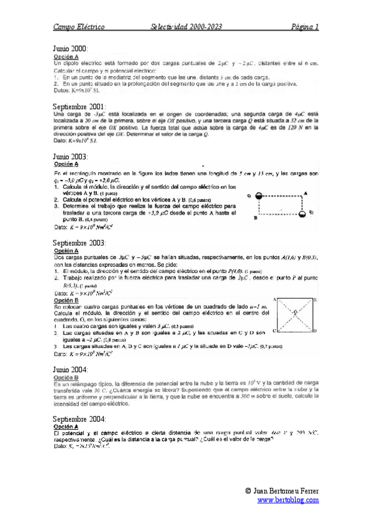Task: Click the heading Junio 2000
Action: [70, 48]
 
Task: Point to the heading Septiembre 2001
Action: [79, 107]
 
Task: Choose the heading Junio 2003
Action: [70, 157]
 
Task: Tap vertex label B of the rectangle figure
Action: [255, 218]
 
